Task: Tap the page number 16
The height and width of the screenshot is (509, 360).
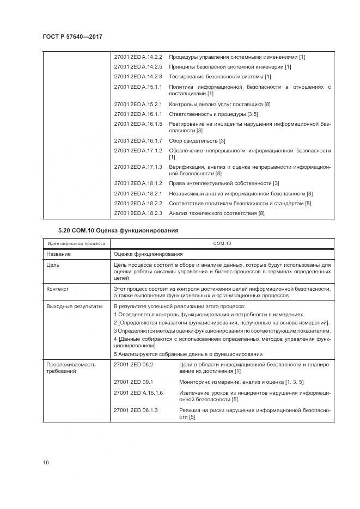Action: tap(45, 462)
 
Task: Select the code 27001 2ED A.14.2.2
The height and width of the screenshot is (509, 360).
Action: tap(138, 57)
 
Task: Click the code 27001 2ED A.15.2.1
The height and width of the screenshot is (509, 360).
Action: tap(138, 104)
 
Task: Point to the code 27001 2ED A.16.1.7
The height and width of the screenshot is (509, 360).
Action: tap(138, 141)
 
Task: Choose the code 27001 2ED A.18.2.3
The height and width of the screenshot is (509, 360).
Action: tap(138, 213)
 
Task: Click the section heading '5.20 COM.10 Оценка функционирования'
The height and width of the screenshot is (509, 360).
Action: tap(118, 230)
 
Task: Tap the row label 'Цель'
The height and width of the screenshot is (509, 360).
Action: tap(53, 265)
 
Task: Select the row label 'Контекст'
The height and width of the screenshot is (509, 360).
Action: tap(57, 289)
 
